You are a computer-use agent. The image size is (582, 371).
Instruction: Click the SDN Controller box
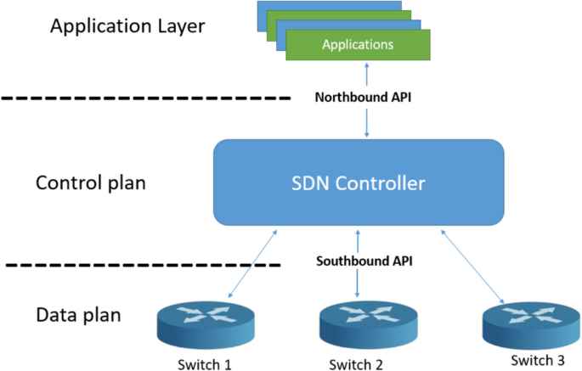pyautogui.click(x=358, y=183)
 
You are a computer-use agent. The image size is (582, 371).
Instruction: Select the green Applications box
pyautogui.click(x=358, y=44)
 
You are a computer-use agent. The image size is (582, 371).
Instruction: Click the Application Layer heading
pyautogui.click(x=127, y=25)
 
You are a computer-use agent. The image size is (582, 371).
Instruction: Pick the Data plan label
pyautogui.click(x=78, y=315)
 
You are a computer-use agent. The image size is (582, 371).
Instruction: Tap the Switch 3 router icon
pyautogui.click(x=524, y=322)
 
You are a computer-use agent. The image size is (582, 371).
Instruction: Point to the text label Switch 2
pyautogui.click(x=356, y=365)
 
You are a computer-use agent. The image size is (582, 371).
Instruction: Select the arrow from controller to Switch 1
pyautogui.click(x=253, y=265)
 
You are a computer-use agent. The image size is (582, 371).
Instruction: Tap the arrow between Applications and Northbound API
pyautogui.click(x=366, y=74)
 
